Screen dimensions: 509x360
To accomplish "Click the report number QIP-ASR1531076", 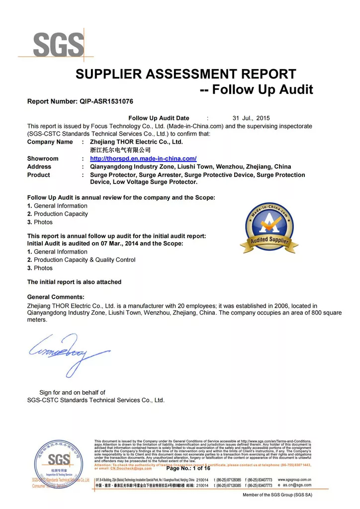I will (106, 101).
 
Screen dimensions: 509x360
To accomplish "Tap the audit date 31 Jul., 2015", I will (251, 118).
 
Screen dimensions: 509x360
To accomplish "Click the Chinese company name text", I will (120, 150).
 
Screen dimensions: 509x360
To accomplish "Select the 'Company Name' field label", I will (50, 142).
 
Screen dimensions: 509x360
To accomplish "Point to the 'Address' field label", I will (39, 167).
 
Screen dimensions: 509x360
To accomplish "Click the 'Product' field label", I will (39, 175).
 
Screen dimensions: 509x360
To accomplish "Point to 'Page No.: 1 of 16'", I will (188, 468).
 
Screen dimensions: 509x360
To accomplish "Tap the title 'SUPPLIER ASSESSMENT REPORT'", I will (185, 75).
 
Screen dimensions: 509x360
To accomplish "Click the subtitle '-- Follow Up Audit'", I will (256, 89).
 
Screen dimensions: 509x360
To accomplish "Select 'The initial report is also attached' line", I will (74, 282).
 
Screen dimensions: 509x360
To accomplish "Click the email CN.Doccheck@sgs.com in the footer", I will (131, 468).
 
